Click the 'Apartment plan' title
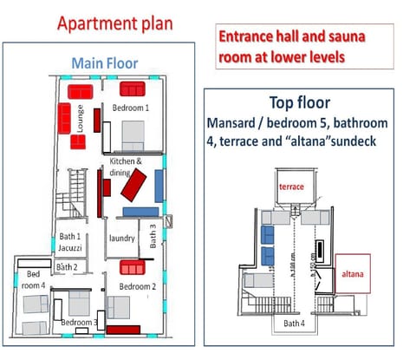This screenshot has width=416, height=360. click(x=114, y=23)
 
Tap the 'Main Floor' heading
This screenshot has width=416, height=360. click(x=104, y=62)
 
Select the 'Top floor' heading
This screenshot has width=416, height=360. click(x=299, y=101)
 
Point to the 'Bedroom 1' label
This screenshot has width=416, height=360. click(x=131, y=108)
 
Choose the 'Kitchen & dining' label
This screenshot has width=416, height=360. click(x=127, y=167)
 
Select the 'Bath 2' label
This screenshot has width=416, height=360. click(x=67, y=267)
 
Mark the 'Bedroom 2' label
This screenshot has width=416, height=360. click(x=137, y=286)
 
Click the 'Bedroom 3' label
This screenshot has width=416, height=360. click(x=79, y=324)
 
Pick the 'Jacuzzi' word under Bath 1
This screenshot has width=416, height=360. click(x=69, y=248)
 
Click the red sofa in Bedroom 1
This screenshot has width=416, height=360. click(x=132, y=88)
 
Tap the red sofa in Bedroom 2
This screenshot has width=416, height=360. click(x=133, y=267)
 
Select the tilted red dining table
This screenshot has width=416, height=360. click(x=133, y=185)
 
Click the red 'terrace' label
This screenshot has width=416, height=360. click(x=290, y=186)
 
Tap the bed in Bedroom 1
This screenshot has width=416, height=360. click(x=134, y=134)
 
